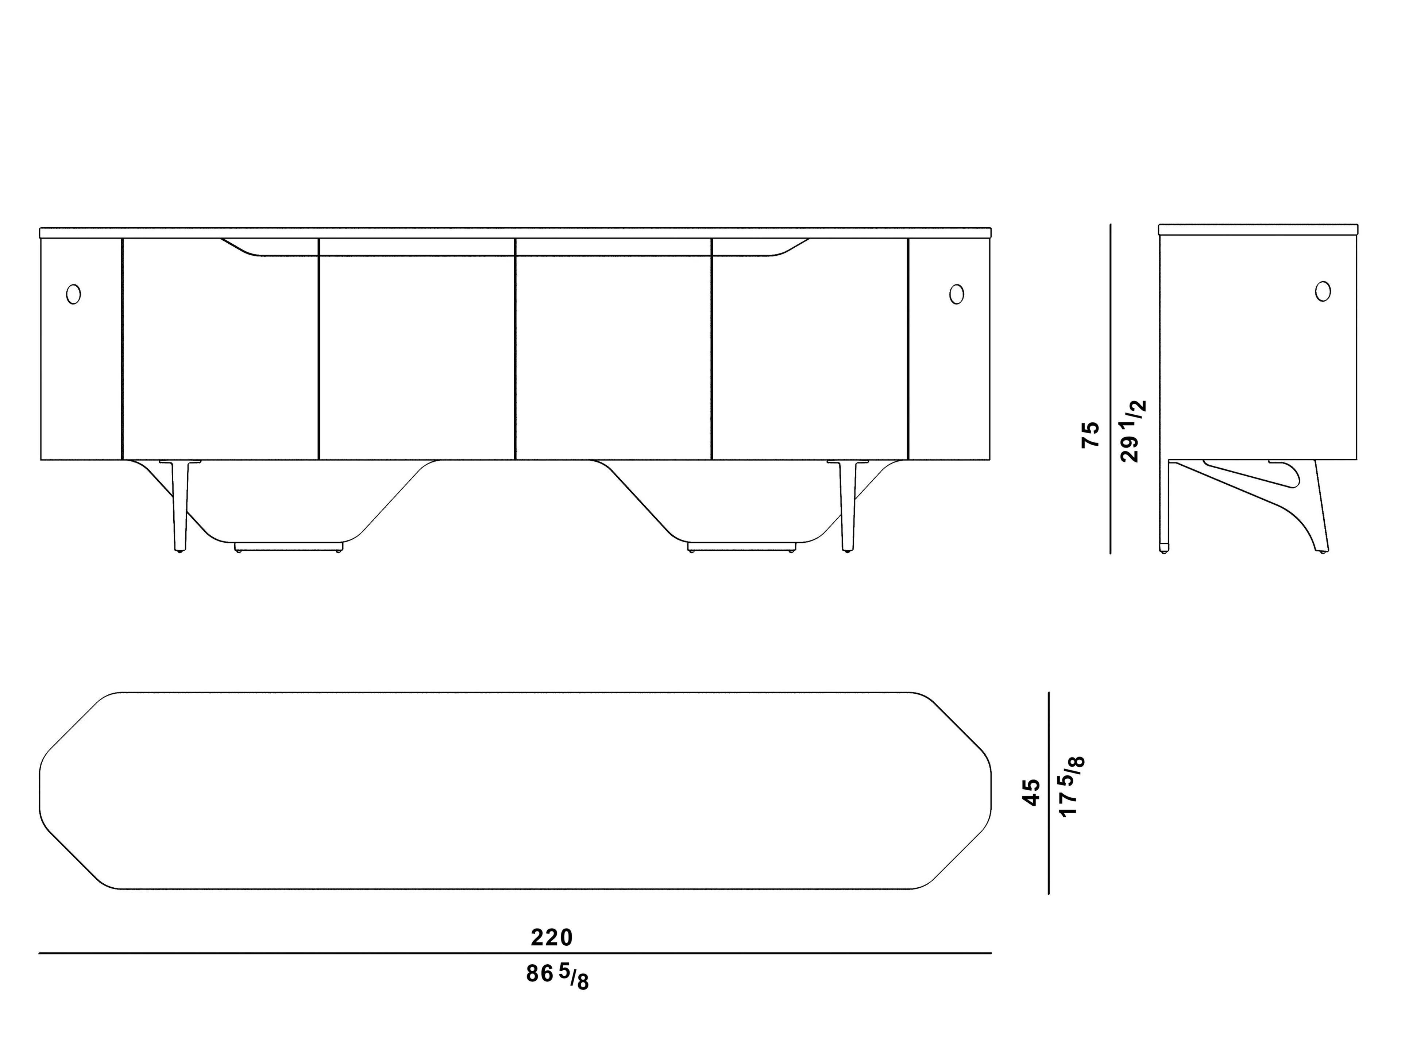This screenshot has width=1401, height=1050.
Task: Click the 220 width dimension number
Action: point(552,937)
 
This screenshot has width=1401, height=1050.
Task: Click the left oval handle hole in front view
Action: point(73,294)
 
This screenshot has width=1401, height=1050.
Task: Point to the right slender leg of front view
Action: point(848,507)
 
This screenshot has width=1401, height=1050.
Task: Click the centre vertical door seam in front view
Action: point(516,348)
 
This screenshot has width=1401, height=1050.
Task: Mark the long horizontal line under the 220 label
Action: point(515,953)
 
